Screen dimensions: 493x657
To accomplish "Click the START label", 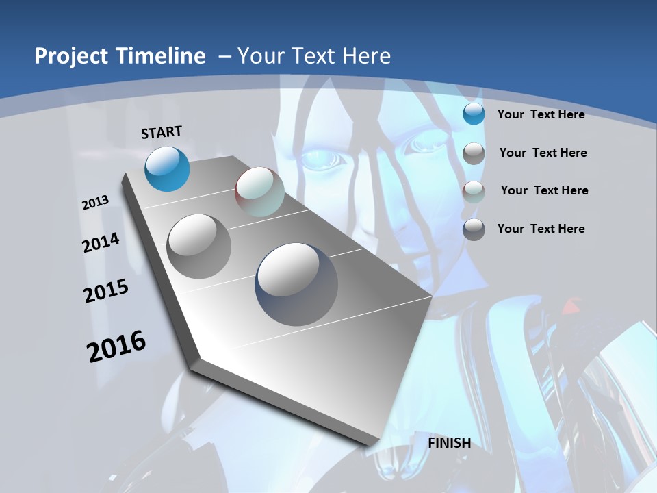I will [162, 132].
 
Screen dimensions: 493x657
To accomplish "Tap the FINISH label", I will [450, 443].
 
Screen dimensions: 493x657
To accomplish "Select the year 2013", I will [95, 203].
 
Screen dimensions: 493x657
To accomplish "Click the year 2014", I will [101, 242].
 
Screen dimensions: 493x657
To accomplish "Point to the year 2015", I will [106, 291].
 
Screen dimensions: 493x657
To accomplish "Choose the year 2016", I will [116, 346].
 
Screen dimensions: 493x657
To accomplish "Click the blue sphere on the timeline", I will [168, 168].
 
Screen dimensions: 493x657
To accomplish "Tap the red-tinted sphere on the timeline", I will [259, 192].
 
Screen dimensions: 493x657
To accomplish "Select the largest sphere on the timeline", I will [296, 284].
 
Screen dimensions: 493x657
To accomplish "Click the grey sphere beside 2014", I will [199, 246].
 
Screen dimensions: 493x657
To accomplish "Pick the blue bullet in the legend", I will [474, 114].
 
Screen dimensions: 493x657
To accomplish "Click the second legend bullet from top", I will [474, 153].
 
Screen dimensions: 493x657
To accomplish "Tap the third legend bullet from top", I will [474, 191].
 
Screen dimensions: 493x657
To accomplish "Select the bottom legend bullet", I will [474, 229].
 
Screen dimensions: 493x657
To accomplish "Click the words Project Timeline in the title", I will [120, 56].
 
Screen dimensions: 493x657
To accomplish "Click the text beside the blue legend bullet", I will [541, 114].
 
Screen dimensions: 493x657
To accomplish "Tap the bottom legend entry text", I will [541, 229].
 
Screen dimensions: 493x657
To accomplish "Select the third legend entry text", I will [544, 190].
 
